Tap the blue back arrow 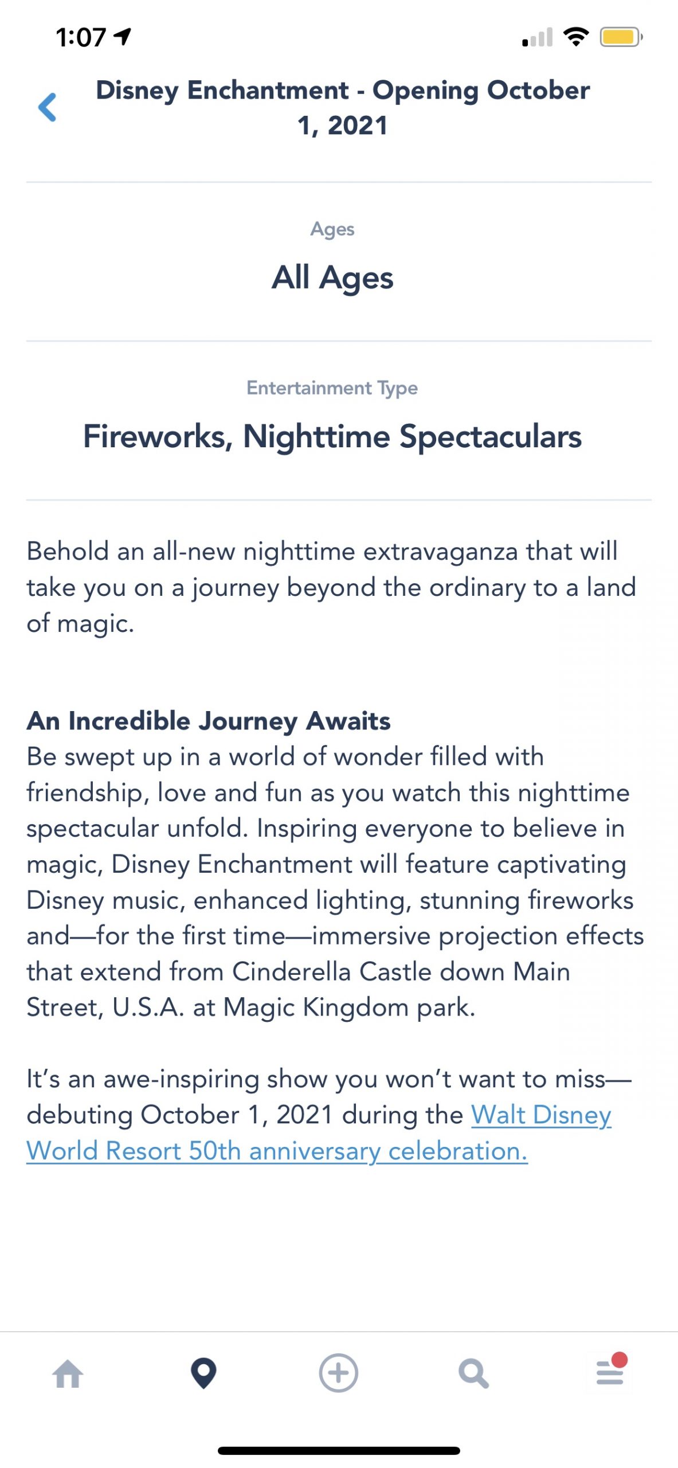[x=47, y=107]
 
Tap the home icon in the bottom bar [x=68, y=1374]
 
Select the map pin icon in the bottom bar [x=203, y=1373]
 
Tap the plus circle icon [x=339, y=1373]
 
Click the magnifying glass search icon [x=474, y=1374]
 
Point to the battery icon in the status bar [x=621, y=37]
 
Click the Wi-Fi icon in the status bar [x=576, y=37]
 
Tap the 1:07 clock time [x=81, y=38]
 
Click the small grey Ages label [x=332, y=229]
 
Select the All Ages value [x=332, y=278]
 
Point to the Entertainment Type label [x=332, y=388]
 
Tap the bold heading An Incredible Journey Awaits [x=209, y=721]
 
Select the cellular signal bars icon [x=538, y=37]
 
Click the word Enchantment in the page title [x=268, y=90]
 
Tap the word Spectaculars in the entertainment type [x=491, y=438]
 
